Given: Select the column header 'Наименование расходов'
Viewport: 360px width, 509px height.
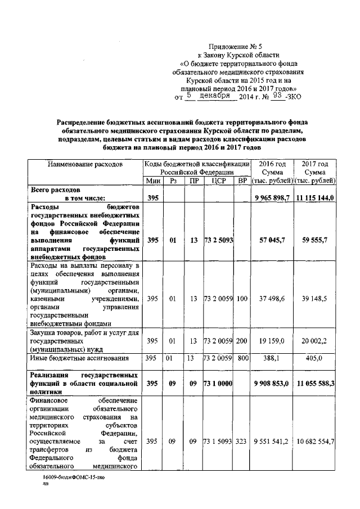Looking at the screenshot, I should point(85,164).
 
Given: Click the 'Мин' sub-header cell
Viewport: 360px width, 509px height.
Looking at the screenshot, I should point(152,181).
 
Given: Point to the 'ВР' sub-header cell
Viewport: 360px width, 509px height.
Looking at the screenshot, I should point(242,181).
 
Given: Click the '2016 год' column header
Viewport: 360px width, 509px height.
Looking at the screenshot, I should point(272,163).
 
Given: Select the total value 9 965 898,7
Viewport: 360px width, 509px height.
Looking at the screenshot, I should point(272,198).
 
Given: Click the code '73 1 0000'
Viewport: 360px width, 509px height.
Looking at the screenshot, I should point(218,384).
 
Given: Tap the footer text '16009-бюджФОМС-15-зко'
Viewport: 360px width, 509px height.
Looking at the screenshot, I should point(74,477).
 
